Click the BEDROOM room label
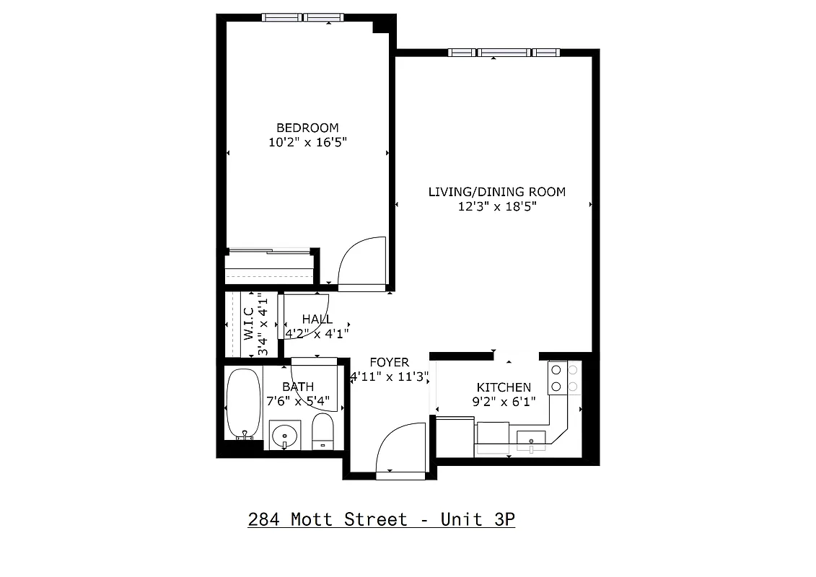(x=307, y=128)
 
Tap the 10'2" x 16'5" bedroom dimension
(x=307, y=143)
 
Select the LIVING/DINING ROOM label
(x=496, y=192)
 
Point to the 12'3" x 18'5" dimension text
(x=496, y=206)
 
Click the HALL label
(x=317, y=320)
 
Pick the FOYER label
(x=389, y=362)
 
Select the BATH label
(x=297, y=387)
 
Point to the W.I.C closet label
(x=248, y=324)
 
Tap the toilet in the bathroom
(x=323, y=430)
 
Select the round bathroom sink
(x=285, y=435)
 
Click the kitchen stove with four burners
(x=564, y=378)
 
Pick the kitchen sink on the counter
(x=532, y=439)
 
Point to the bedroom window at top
(x=304, y=17)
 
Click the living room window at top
(x=504, y=53)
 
